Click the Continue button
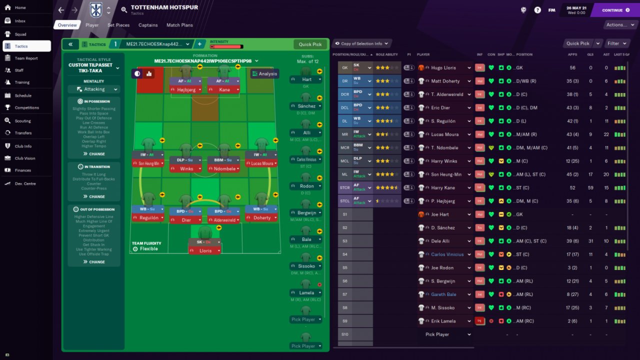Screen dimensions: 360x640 point(615,10)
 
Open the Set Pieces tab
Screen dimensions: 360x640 point(118,25)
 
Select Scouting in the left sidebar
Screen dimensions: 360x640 point(22,120)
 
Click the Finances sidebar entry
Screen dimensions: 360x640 point(22,170)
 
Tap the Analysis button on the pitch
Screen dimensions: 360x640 point(264,74)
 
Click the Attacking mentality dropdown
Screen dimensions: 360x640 point(94,89)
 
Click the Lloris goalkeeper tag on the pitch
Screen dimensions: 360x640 point(205,250)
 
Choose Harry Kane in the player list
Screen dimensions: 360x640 point(443,188)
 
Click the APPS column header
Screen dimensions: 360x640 point(572,54)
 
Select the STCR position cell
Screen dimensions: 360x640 point(345,188)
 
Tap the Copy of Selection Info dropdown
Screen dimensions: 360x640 point(361,43)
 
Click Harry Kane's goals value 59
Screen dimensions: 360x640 point(590,188)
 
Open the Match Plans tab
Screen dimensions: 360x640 point(179,25)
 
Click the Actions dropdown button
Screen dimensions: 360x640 point(619,25)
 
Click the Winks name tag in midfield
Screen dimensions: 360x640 point(186,169)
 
